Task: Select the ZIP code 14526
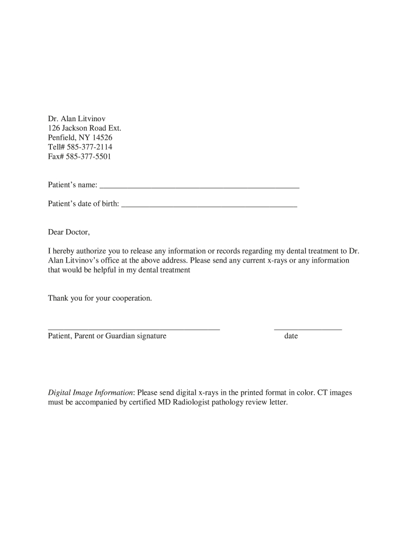(102, 137)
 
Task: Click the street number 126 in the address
(54, 128)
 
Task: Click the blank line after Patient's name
(199, 187)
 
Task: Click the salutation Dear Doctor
(69, 232)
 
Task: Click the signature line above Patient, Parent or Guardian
(134, 329)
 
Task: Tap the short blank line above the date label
(307, 329)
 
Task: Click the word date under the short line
(291, 336)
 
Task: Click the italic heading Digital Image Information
(91, 393)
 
